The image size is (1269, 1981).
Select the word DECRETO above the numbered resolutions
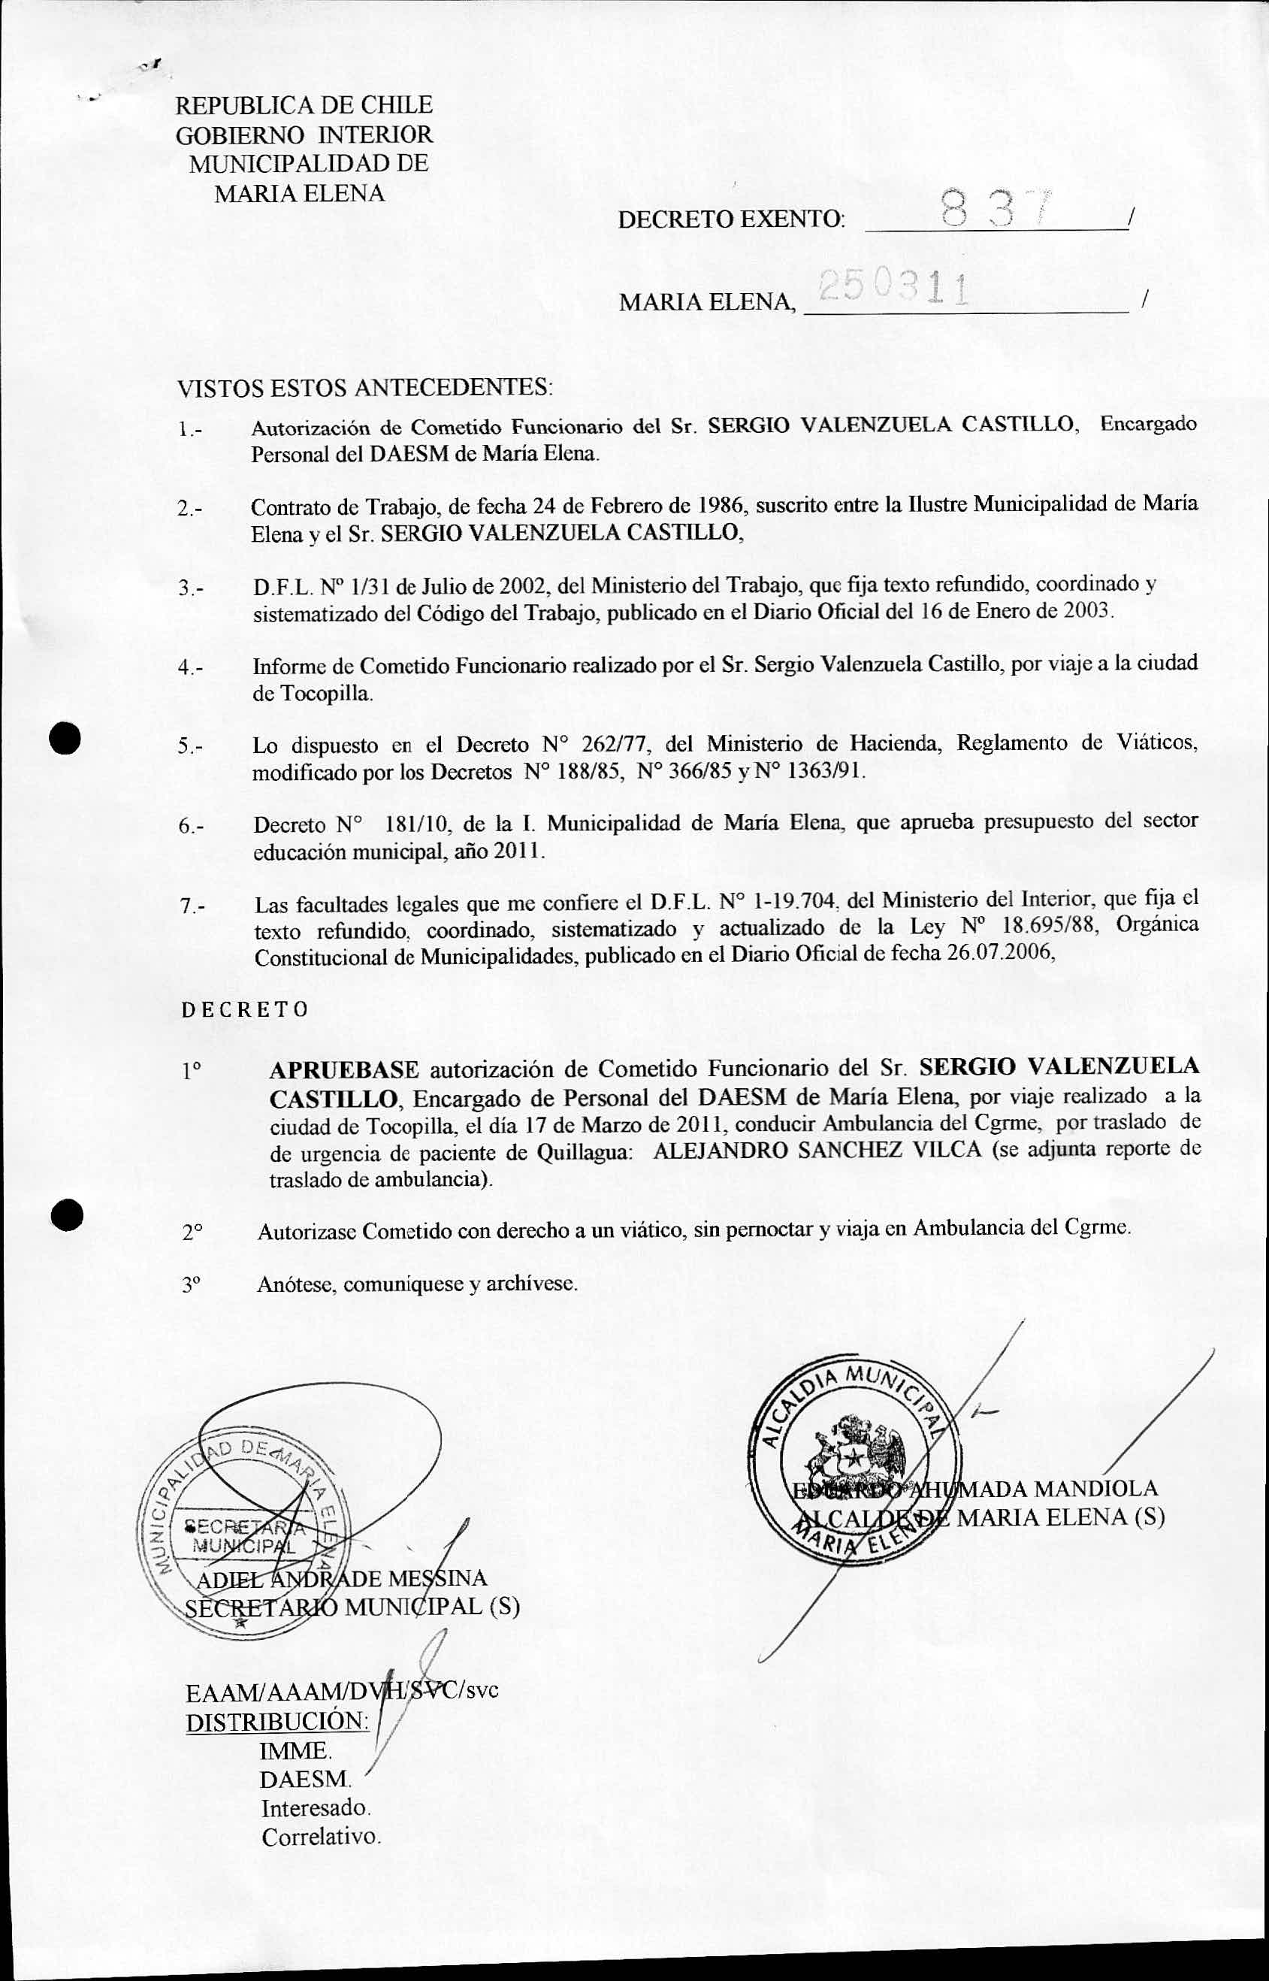click(245, 1010)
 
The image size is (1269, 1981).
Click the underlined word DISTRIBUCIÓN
click(278, 1722)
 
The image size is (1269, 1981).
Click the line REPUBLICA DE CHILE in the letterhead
click(304, 105)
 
